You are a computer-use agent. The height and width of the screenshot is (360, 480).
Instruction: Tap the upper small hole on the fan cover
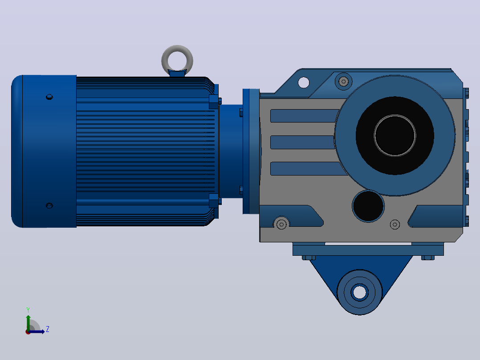point(49,97)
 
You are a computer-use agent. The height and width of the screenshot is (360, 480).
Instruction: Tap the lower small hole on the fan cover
point(49,205)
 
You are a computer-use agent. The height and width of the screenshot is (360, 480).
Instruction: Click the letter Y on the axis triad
point(28,310)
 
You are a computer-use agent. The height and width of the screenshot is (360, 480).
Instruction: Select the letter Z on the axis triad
point(48,329)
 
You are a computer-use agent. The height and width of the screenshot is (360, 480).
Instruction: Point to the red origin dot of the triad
point(28,332)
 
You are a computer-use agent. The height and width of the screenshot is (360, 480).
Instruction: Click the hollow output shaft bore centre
point(395,135)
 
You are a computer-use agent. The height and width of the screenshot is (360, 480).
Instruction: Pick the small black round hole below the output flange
point(368,206)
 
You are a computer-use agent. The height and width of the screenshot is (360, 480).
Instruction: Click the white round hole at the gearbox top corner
point(304,82)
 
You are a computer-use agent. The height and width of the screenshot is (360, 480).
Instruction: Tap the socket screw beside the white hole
point(343,82)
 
